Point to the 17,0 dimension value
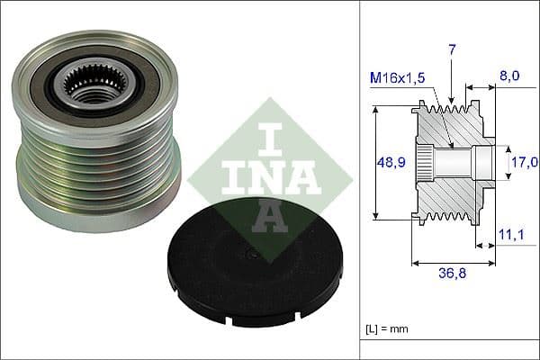(x=525, y=162)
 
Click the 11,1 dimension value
(x=509, y=234)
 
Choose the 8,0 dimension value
(x=509, y=78)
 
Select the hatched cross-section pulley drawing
(x=454, y=162)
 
